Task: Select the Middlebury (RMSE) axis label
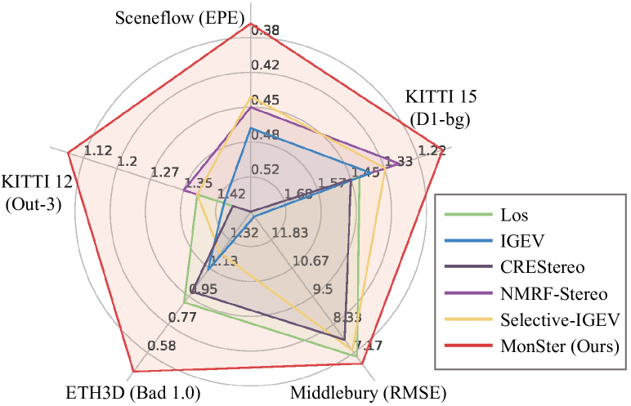369,393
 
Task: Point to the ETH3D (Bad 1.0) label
132,393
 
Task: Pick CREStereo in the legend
541,266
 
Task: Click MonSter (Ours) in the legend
559,345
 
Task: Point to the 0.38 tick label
265,31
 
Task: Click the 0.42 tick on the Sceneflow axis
266,65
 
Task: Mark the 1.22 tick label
432,150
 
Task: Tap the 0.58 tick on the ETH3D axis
162,346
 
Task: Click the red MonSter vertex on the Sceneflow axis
250,24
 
